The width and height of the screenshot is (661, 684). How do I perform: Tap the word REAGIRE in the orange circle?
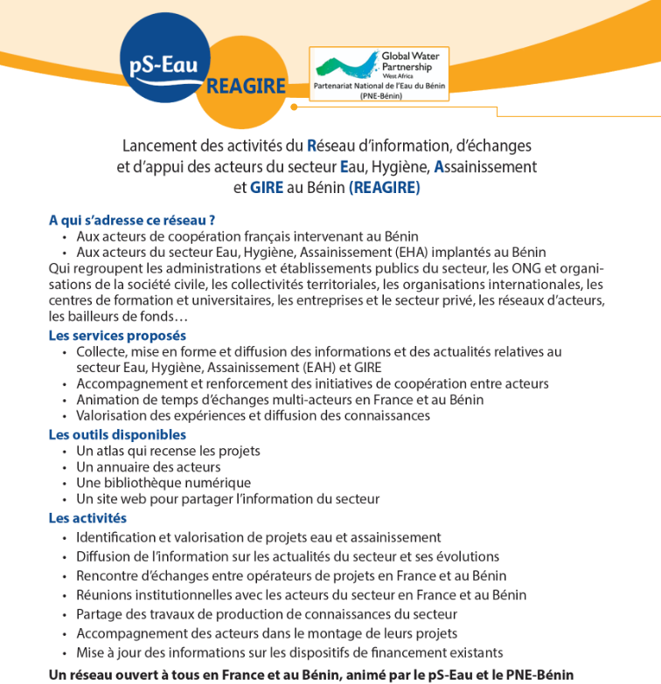pos(246,86)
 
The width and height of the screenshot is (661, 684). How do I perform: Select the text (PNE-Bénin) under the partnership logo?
pos(380,96)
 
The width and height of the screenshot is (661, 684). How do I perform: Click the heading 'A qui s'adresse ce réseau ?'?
pos(132,220)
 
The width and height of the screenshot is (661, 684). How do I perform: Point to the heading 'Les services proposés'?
pos(117,335)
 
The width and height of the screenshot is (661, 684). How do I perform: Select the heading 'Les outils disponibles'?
pos(117,434)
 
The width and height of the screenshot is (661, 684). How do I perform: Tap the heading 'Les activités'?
pos(87,518)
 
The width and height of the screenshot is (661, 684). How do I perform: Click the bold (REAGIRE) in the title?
pos(384,187)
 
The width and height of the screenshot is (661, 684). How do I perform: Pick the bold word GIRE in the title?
pos(267,187)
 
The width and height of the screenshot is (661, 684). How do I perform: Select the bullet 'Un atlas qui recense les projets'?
pos(168,451)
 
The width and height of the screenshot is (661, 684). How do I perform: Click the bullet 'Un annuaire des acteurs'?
pos(148,466)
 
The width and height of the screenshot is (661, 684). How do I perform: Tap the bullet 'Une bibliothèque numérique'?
pos(164,482)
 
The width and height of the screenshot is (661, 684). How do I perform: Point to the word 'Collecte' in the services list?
pos(101,351)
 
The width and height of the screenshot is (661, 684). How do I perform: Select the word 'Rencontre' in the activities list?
pos(108,576)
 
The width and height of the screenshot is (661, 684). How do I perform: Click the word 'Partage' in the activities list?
pos(99,614)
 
